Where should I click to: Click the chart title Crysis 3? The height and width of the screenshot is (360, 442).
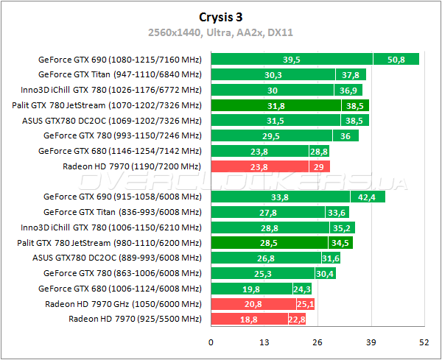221,16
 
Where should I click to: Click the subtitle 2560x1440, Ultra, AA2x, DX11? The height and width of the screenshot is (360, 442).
221,32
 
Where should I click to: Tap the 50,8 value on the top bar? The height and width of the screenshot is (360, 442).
396,60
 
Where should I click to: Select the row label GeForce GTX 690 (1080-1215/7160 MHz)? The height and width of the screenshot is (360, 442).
119,60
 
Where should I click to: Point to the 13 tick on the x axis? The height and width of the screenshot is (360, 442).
264,342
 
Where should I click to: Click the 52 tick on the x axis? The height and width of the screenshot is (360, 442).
424,342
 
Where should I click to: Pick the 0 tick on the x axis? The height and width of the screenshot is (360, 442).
211,342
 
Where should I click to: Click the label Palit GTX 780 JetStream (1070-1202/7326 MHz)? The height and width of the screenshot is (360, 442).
107,105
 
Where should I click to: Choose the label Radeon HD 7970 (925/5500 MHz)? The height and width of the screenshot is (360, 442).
135,319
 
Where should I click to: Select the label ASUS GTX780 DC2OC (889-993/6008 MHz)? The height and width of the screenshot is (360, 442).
117,258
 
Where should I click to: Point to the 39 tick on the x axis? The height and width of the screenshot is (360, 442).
371,342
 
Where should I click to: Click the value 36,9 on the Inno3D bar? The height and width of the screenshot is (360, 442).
347,90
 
